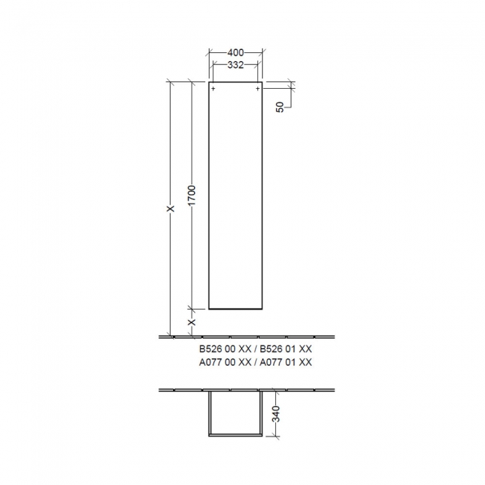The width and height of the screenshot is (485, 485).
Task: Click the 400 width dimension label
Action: point(236,54)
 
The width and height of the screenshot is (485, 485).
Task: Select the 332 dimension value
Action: point(236,66)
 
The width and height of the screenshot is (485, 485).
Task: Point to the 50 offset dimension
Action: point(280,106)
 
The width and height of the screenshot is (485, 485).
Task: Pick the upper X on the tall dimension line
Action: point(170,210)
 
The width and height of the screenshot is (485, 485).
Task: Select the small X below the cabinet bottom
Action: point(192,322)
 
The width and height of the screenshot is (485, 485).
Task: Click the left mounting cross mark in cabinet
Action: point(213,89)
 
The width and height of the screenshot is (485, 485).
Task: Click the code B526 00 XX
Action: point(225,348)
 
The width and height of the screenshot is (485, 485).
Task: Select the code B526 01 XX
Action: point(284,348)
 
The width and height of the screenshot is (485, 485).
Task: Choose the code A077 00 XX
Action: point(225,362)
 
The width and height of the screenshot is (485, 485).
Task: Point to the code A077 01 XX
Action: point(284,362)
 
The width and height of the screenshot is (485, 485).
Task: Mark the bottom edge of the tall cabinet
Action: point(236,308)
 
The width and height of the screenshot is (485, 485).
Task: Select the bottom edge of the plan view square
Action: point(236,434)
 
